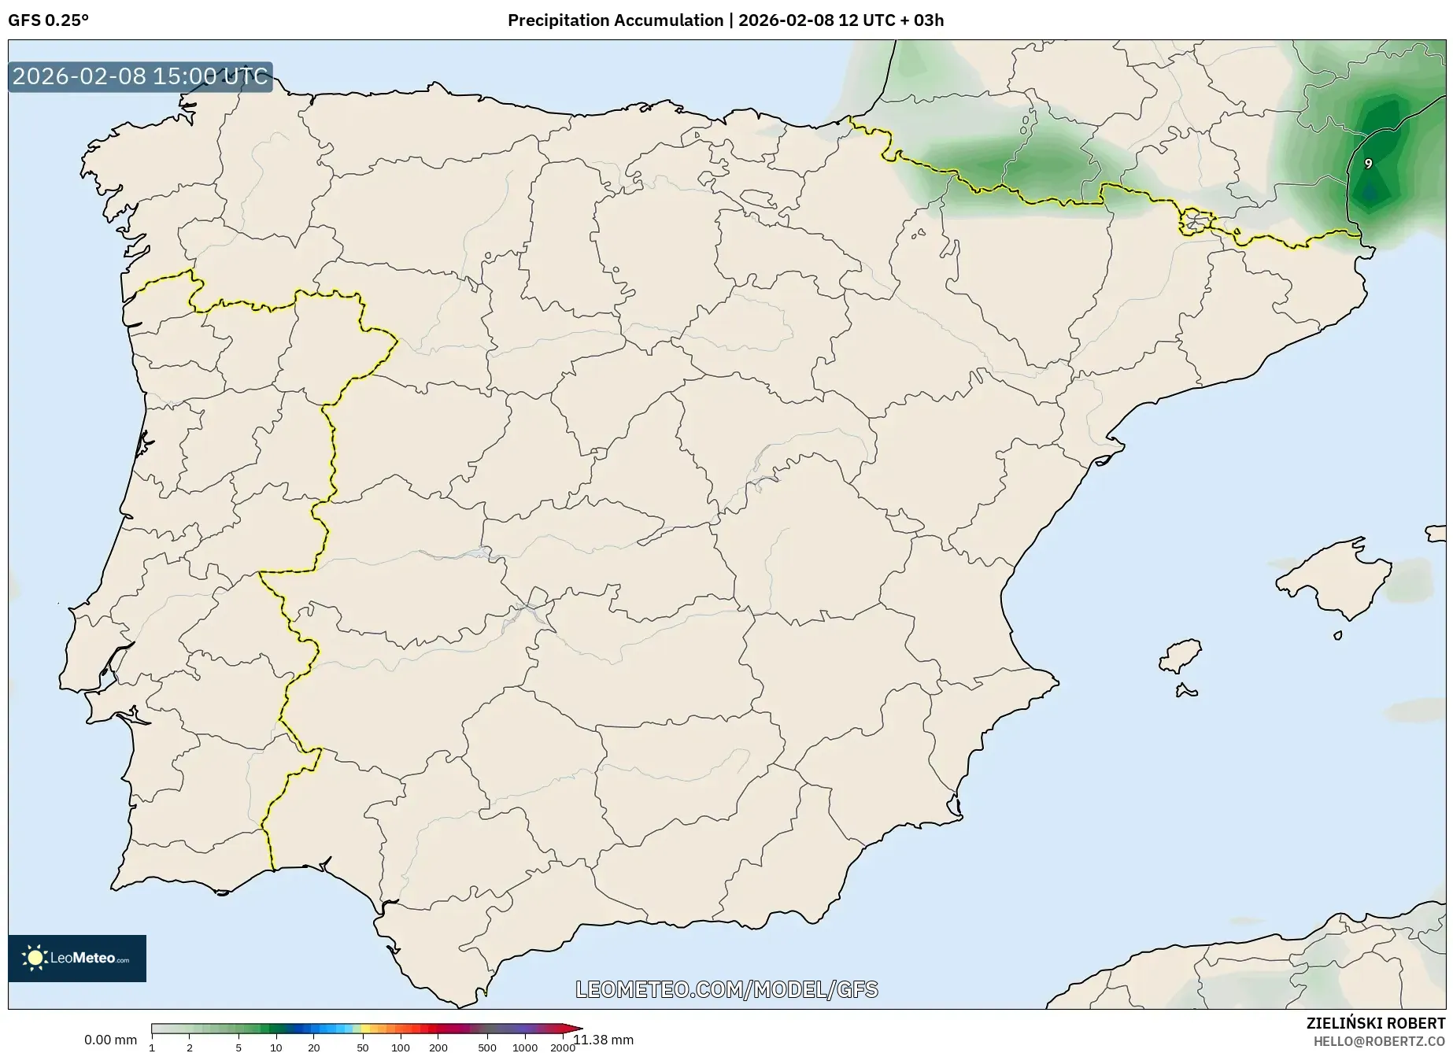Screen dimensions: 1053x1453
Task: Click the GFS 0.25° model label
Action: pos(48,20)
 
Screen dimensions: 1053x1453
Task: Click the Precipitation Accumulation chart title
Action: pos(725,20)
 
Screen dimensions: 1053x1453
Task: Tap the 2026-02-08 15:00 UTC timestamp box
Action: pos(140,76)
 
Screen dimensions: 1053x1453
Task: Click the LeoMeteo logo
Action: pos(77,958)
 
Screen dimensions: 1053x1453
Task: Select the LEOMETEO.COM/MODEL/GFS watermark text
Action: pos(726,989)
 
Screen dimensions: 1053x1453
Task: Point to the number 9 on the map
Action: pos(1368,164)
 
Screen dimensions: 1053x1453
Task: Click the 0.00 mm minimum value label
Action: pos(110,1040)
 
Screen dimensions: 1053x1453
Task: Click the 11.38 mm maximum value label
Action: pos(604,1040)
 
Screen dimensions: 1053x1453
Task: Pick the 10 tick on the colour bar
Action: pos(275,1047)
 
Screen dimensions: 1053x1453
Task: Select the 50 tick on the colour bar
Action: pos(362,1047)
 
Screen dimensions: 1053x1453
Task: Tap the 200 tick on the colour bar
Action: pos(438,1047)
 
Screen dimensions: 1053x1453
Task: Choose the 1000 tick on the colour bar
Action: pos(524,1047)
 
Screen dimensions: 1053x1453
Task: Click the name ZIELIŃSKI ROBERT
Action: pos(1375,1024)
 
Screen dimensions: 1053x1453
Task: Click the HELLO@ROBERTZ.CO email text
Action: pos(1378,1041)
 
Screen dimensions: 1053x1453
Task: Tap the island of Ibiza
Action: pos(1181,656)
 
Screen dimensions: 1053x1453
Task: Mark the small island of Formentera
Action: pos(1185,692)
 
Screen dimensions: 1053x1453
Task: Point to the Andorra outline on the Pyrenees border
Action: pos(1196,221)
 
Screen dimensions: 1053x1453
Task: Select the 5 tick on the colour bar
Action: pos(238,1047)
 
